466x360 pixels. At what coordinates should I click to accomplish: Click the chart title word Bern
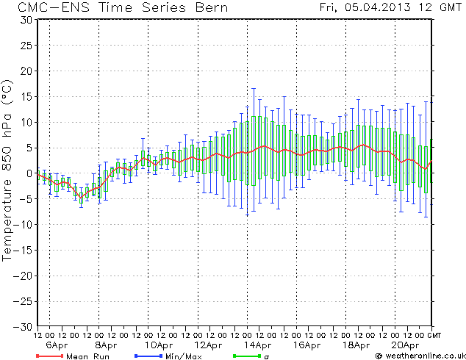209,7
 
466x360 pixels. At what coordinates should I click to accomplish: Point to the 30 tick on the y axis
26,20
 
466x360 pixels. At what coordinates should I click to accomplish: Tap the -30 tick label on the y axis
23,325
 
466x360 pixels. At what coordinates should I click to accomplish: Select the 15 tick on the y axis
26,96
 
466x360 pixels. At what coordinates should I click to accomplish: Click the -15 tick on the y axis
23,249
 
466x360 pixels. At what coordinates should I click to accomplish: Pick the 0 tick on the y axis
29,173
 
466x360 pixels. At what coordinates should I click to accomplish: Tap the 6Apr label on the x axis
57,345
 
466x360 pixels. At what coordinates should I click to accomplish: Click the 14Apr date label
257,345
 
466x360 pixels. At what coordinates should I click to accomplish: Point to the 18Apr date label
356,345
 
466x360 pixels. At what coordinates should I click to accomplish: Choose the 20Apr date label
406,345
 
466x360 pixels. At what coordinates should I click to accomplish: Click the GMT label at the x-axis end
436,335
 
